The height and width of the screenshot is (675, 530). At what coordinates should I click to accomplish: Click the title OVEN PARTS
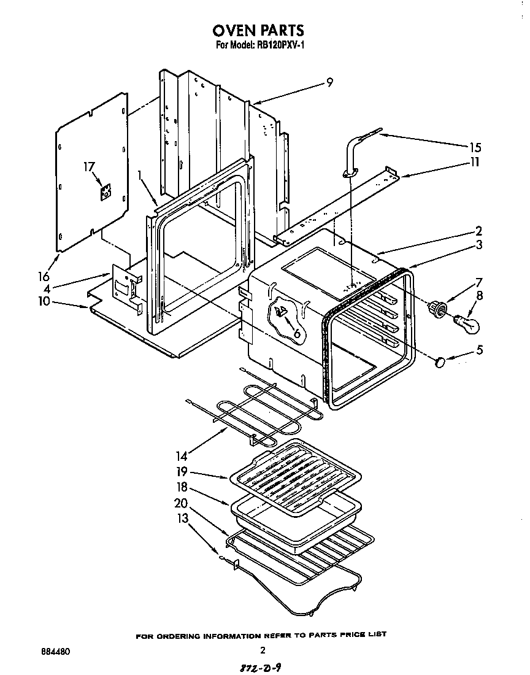pyautogui.click(x=258, y=29)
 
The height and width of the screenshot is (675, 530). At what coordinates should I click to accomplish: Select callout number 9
pyautogui.click(x=329, y=83)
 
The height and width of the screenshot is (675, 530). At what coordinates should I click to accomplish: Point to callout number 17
pyautogui.click(x=90, y=166)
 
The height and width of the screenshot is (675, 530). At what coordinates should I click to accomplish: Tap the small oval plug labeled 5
pyautogui.click(x=439, y=363)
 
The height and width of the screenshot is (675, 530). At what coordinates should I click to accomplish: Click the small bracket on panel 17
pyautogui.click(x=106, y=192)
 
